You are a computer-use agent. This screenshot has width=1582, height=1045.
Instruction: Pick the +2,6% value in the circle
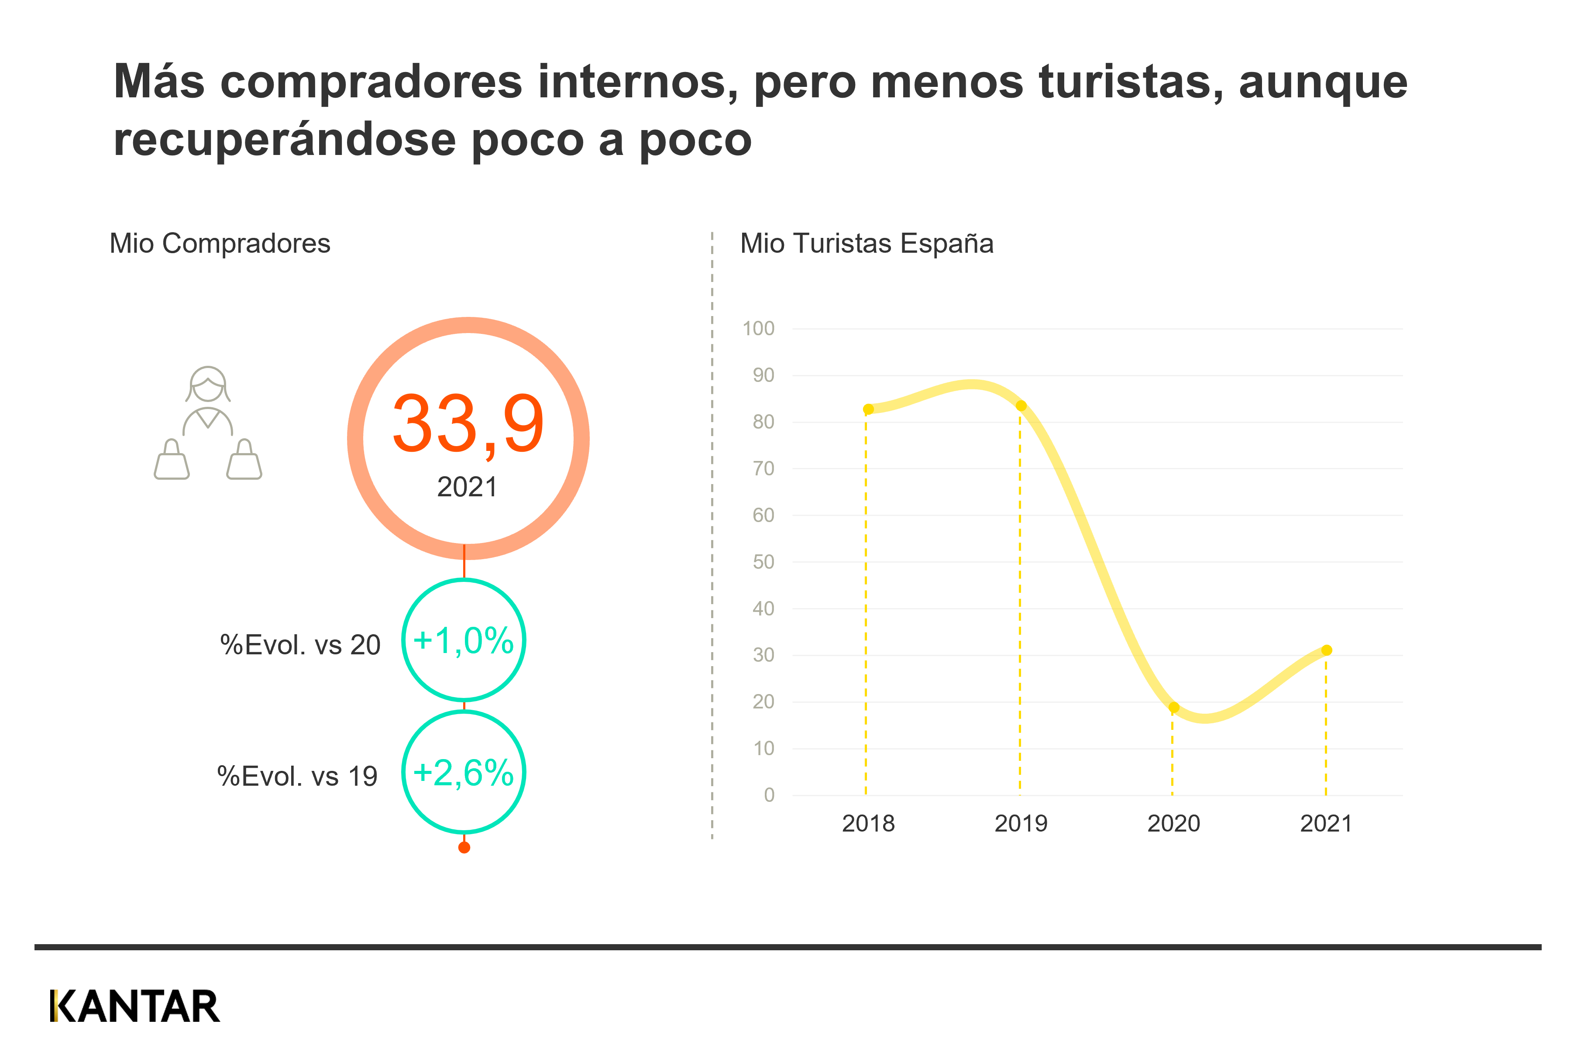pos(463,773)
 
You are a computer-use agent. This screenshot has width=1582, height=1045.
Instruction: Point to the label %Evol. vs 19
pos(297,777)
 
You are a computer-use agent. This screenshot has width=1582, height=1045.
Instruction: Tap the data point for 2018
pos(868,409)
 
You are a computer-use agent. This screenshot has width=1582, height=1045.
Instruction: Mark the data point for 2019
pos(1021,406)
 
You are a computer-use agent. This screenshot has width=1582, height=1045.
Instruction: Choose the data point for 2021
pos(1327,650)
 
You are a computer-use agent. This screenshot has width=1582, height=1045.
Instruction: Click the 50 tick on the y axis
pos(763,562)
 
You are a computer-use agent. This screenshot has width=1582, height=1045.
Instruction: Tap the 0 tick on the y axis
pos(769,794)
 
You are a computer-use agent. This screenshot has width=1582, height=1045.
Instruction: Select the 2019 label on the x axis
pos(1021,824)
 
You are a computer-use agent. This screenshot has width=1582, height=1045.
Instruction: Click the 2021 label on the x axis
pos(1326,824)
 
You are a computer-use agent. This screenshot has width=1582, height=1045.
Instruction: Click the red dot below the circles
pos(464,848)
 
